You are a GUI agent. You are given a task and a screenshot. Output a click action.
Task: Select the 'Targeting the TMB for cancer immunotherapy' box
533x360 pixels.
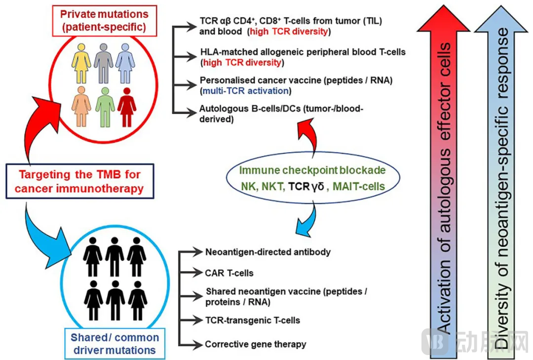pyautogui.click(x=81, y=181)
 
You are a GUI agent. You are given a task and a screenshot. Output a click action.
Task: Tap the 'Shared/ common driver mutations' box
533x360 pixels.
pyautogui.click(x=114, y=344)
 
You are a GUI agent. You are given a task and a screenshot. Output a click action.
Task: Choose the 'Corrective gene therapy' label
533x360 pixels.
pyautogui.click(x=256, y=344)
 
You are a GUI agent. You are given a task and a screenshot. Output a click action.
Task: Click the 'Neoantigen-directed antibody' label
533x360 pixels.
pyautogui.click(x=267, y=252)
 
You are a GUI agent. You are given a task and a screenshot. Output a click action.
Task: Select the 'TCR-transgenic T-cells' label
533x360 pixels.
pyautogui.click(x=253, y=320)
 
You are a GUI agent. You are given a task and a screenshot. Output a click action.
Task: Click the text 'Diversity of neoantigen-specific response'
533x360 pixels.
pyautogui.click(x=503, y=188)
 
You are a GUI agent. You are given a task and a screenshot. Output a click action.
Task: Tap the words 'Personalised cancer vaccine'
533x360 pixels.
pyautogui.click(x=255, y=80)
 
